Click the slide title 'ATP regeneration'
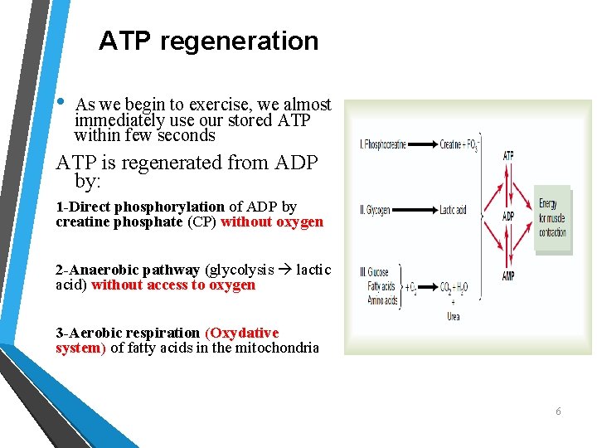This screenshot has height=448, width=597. tap(208, 41)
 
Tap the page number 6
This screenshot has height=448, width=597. tap(558, 411)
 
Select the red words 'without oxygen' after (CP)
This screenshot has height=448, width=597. tap(272, 222)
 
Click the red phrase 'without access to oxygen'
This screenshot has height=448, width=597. tap(173, 285)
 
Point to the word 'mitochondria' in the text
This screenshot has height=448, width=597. tap(277, 348)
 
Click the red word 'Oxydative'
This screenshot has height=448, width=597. tap(244, 333)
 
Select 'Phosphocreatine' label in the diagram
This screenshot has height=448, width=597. tap(383, 145)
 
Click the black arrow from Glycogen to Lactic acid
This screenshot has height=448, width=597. tap(415, 211)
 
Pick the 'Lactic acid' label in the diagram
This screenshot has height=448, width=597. tap(454, 211)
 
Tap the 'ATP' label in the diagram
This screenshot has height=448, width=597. tap(508, 155)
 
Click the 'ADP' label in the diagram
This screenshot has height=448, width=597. tap(508, 217)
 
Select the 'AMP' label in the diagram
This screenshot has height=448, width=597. tap(508, 276)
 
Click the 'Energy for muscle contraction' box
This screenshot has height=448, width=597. tap(553, 217)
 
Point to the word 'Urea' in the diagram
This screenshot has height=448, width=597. tap(454, 315)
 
